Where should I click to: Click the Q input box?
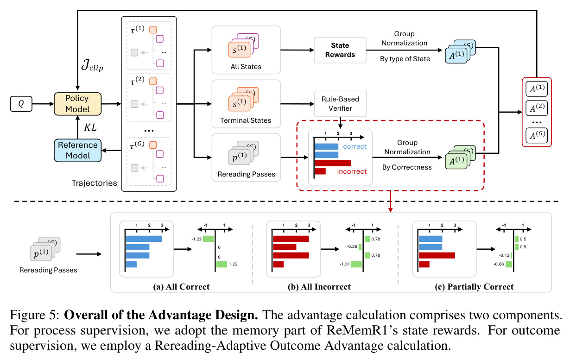(21, 104)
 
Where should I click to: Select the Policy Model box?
(77, 104)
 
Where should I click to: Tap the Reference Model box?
(77, 151)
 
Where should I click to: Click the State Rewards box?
(340, 50)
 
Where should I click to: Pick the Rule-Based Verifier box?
(340, 104)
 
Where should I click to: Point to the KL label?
(90, 127)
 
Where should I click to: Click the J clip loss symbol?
(92, 65)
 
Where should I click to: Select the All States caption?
(246, 67)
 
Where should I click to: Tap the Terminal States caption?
(246, 120)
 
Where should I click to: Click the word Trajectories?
(95, 183)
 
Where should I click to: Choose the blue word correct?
(355, 146)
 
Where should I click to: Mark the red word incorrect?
(352, 171)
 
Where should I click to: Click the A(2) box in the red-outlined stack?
(537, 108)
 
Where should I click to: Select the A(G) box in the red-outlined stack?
(537, 136)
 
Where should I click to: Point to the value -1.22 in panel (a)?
(196, 239)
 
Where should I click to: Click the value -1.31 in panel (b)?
(344, 264)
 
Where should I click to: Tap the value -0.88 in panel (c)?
(499, 264)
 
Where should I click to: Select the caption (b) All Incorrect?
(319, 287)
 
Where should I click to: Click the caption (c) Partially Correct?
(474, 287)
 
